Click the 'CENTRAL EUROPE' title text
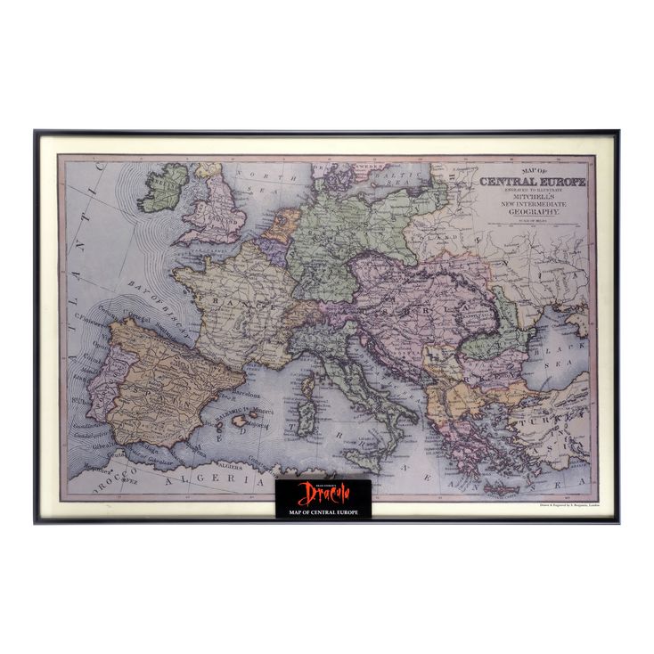535,183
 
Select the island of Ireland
165,186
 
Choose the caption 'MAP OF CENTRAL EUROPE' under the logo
323,513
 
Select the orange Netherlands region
279,225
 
